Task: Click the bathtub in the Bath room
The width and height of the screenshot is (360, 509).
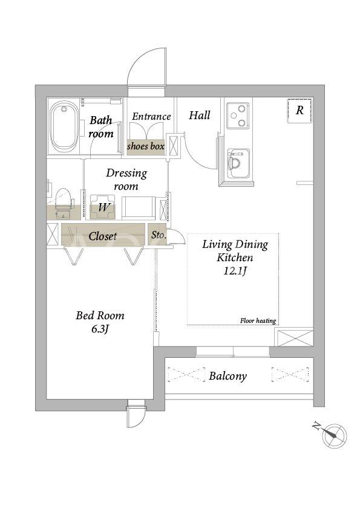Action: pyautogui.click(x=64, y=127)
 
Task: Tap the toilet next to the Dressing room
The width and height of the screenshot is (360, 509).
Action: pyautogui.click(x=63, y=203)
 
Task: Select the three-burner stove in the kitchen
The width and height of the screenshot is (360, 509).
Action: pyautogui.click(x=238, y=115)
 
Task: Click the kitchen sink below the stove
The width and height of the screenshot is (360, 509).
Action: pyautogui.click(x=238, y=163)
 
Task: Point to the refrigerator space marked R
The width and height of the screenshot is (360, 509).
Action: pyautogui.click(x=299, y=111)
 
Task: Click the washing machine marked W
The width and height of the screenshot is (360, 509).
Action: pyautogui.click(x=103, y=207)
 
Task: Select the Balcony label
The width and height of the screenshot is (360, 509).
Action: pyautogui.click(x=227, y=376)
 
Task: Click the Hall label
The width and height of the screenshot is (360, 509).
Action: pyautogui.click(x=200, y=115)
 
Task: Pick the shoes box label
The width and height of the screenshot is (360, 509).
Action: pyautogui.click(x=146, y=146)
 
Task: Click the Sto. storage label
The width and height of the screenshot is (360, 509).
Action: pyautogui.click(x=159, y=235)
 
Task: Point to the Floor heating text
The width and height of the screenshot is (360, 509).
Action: pyautogui.click(x=258, y=321)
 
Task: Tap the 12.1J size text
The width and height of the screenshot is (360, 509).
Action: pyautogui.click(x=235, y=270)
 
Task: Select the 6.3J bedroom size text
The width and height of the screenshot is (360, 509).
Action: pyautogui.click(x=100, y=329)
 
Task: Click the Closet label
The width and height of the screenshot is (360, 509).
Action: pyautogui.click(x=103, y=236)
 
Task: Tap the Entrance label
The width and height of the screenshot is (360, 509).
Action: pyautogui.click(x=151, y=116)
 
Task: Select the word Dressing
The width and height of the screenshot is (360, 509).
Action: pyautogui.click(x=126, y=173)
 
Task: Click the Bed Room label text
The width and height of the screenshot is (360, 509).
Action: pyautogui.click(x=100, y=315)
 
